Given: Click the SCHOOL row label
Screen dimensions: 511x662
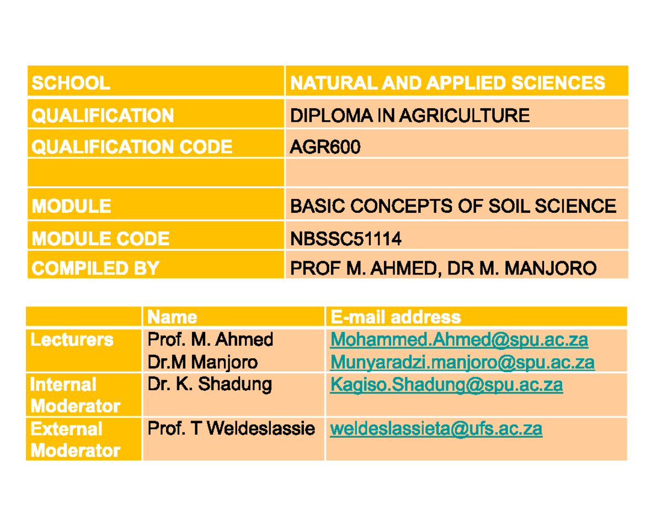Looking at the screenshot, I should pyautogui.click(x=71, y=83).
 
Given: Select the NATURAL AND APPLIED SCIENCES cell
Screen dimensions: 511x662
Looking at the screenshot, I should pyautogui.click(x=447, y=83).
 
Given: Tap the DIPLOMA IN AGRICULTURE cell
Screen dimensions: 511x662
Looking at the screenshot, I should pyautogui.click(x=409, y=115).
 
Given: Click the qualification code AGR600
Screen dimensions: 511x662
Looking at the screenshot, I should pyautogui.click(x=325, y=147).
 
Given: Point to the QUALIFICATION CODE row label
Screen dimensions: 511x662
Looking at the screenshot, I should pyautogui.click(x=132, y=147).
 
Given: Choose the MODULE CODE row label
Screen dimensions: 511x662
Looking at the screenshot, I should pyautogui.click(x=100, y=238).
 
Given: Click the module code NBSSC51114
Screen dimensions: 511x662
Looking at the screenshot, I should pyautogui.click(x=346, y=238).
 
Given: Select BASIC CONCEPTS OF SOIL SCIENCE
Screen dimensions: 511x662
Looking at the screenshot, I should pyautogui.click(x=453, y=206).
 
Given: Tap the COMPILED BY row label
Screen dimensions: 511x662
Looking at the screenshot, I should pyautogui.click(x=95, y=268).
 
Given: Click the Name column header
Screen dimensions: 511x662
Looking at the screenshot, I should pyautogui.click(x=172, y=317).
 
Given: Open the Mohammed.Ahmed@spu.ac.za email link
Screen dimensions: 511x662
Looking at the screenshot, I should pyautogui.click(x=459, y=340).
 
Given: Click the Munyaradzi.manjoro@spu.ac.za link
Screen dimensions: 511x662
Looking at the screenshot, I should pyautogui.click(x=462, y=362).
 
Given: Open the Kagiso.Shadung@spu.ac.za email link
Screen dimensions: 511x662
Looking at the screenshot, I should pyautogui.click(x=446, y=385).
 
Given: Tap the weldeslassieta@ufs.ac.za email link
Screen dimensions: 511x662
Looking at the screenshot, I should pyautogui.click(x=436, y=429).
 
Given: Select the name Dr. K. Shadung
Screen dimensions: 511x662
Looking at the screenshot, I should pyautogui.click(x=210, y=385).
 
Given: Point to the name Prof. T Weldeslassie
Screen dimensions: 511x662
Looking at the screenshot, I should pyautogui.click(x=231, y=429).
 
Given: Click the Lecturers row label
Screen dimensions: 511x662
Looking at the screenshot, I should pyautogui.click(x=72, y=340).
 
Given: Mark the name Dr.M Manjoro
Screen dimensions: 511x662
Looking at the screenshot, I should pyautogui.click(x=202, y=362).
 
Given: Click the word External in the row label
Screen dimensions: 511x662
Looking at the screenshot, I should pyautogui.click(x=66, y=429).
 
